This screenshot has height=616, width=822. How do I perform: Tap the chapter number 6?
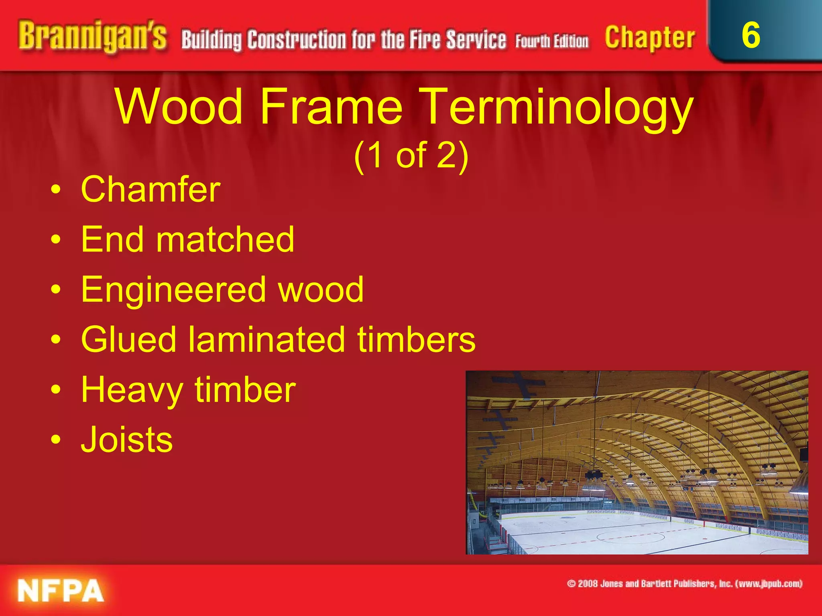tap(751, 35)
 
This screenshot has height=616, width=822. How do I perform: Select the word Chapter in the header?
tap(650, 38)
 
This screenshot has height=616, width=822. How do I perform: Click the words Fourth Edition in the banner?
tap(552, 42)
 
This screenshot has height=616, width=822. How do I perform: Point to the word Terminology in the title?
tap(558, 107)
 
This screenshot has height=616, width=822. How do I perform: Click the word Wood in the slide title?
tap(179, 107)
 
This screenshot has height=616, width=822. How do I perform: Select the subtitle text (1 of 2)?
tap(411, 156)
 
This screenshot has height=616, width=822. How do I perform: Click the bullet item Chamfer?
tap(151, 189)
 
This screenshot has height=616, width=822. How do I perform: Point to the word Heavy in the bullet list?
tap(132, 390)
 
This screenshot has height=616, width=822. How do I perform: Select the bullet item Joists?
tap(127, 440)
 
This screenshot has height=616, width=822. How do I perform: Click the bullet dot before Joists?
tap(56, 440)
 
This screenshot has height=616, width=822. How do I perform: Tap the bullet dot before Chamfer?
tap(56, 189)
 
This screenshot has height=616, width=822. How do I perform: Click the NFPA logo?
tap(60, 591)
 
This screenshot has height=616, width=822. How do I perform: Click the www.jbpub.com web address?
tap(769, 584)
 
